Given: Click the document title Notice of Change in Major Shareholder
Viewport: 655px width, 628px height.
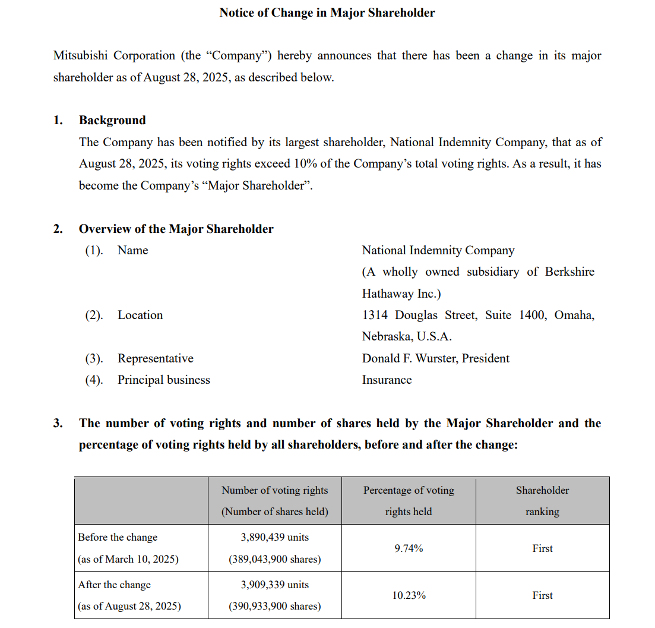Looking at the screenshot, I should point(327,12).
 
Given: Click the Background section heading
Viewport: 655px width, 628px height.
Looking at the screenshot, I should point(112,120).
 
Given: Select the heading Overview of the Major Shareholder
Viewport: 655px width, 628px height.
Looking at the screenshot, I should point(176,229).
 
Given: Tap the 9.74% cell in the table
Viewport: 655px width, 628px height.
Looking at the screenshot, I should point(409,548).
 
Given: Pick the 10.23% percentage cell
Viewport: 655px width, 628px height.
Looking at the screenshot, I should point(409,595).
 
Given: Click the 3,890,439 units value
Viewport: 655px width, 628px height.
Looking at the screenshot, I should point(275,537).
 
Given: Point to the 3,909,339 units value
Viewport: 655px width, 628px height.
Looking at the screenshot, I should point(275,585).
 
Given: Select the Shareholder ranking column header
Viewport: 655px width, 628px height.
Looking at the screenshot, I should point(542,501).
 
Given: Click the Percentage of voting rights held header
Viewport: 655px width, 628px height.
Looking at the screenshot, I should point(409,501).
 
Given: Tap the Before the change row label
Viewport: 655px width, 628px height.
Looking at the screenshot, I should point(118,537).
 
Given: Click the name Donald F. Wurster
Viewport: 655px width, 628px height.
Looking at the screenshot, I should point(410,358).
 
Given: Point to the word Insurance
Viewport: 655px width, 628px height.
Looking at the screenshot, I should point(387,380).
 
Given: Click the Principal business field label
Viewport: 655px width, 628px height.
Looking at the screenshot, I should point(163,380).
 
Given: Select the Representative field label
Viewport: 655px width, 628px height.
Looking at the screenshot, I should point(155,358).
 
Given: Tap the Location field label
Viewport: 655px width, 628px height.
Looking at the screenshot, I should point(140,315).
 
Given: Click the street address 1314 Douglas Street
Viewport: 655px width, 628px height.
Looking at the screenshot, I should point(419,315).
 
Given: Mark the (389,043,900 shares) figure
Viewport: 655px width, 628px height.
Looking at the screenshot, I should point(275,559).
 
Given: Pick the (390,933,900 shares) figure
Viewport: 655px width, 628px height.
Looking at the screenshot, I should point(275,606).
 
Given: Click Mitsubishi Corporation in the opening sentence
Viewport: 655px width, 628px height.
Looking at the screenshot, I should point(114,56).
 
